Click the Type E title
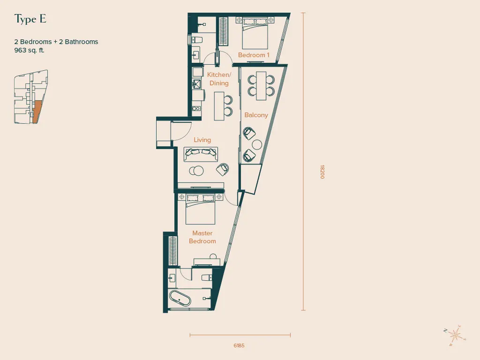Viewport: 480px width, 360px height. point(30,19)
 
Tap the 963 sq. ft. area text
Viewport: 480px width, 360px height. point(30,50)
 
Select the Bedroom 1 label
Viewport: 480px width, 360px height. point(254,55)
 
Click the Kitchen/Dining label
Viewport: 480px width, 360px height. point(219,79)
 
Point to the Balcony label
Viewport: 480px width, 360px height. point(256,115)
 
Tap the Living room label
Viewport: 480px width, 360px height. point(202,140)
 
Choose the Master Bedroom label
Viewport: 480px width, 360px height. point(202,237)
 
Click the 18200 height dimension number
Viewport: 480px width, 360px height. point(322,172)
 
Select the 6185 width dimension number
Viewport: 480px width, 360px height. point(239,345)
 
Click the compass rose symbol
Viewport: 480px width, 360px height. point(455,336)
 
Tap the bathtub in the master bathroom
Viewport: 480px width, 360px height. point(180,299)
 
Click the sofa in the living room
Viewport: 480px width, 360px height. point(201,154)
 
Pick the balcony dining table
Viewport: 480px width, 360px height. point(261,86)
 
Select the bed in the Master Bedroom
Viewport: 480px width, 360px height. point(200,210)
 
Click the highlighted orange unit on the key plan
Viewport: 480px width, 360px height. point(37,112)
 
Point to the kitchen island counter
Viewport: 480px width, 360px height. point(219,106)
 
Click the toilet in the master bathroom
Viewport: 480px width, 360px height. point(207,277)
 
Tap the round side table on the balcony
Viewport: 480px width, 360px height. point(257,145)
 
